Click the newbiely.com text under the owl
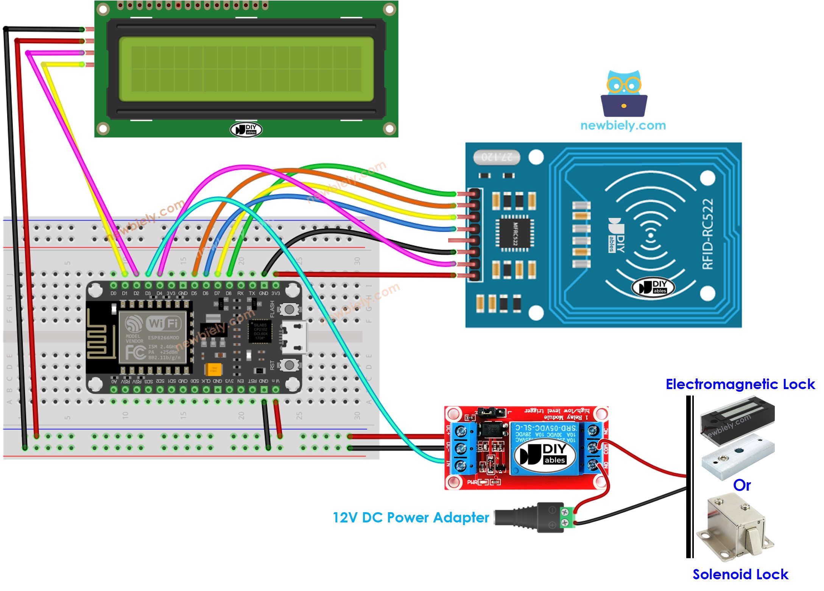point(623,125)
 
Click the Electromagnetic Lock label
point(740,384)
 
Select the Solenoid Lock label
point(740,574)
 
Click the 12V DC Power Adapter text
point(411,518)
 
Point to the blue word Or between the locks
point(741,485)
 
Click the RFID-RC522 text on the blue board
point(707,234)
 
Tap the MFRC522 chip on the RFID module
point(515,233)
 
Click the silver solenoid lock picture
point(734,527)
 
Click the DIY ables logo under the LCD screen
point(246,130)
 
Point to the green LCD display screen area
point(246,69)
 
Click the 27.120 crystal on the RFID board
point(497,157)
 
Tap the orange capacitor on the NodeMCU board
point(213,369)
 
